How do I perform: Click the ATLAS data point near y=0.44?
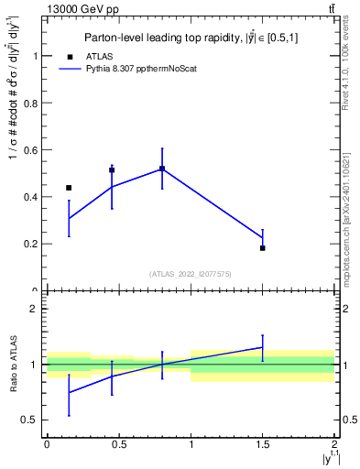[x=69, y=188]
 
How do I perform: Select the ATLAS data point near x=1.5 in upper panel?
[x=262, y=248]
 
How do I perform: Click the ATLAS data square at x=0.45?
[x=112, y=170]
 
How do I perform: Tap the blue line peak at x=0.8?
[x=162, y=169]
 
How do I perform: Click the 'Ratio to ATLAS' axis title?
[x=13, y=364]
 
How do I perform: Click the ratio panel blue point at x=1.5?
[x=262, y=347]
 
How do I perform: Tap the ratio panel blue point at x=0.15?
[x=69, y=392]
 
